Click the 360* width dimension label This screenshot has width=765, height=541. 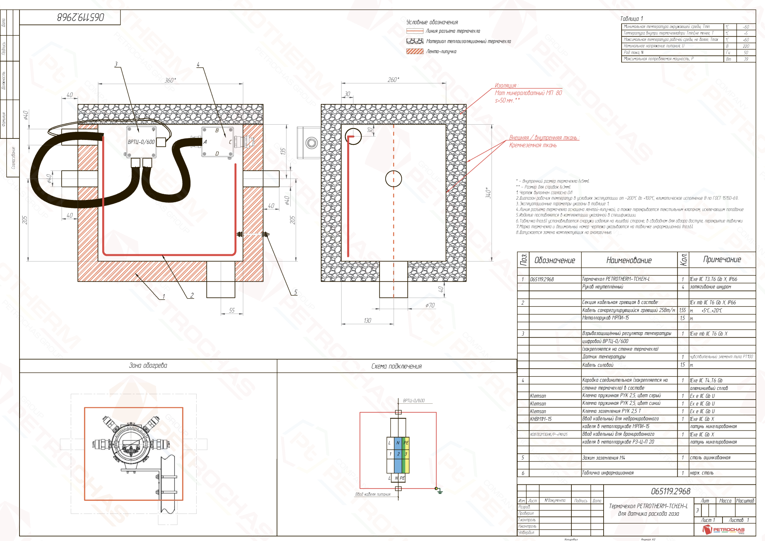[170, 80]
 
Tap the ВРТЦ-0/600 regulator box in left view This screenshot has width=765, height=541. [141, 142]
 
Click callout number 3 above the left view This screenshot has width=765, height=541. [116, 64]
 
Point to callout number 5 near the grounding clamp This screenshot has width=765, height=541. [295, 292]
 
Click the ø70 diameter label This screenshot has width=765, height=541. [430, 305]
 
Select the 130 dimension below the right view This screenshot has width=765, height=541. [367, 320]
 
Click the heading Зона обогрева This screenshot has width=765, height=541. [148, 366]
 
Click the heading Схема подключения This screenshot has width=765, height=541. [396, 366]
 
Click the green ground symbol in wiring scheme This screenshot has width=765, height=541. [440, 491]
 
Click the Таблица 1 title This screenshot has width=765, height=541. [632, 18]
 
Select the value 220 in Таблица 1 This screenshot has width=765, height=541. [745, 46]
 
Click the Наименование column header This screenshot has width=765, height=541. [629, 260]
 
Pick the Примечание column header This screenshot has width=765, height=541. [722, 260]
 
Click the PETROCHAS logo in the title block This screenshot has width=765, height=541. [724, 530]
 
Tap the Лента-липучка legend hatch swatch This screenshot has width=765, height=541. [415, 51]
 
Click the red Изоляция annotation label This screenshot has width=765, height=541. [505, 86]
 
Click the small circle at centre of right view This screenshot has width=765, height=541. [393, 179]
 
